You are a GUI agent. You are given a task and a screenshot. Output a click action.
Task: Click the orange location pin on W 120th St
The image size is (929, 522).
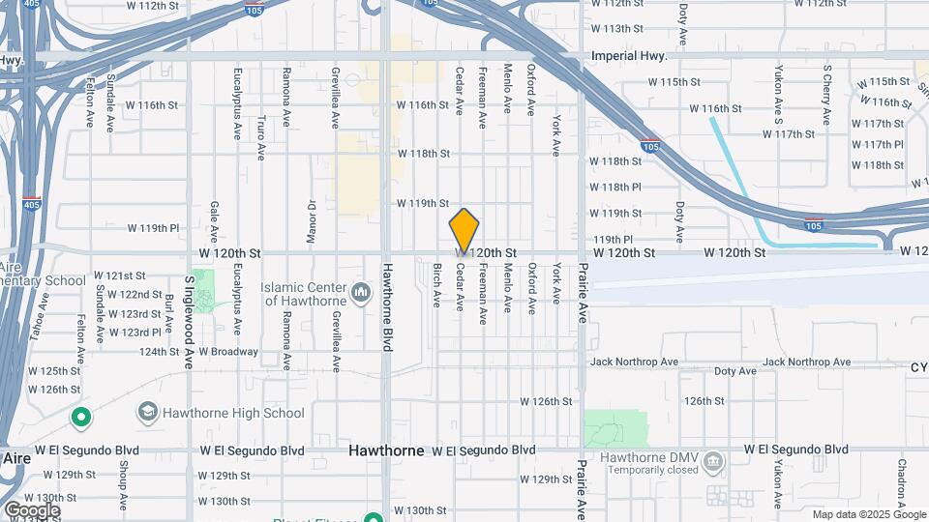464,230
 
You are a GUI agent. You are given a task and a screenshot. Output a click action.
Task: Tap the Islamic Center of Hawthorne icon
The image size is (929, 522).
361,291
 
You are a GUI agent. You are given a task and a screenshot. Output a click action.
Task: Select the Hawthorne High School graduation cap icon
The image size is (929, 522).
148,413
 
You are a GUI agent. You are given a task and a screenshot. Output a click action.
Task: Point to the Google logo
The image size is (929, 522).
31,509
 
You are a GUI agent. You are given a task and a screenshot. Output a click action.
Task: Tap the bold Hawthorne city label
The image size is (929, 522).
386,450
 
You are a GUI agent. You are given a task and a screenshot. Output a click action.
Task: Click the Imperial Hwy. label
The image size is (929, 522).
630,56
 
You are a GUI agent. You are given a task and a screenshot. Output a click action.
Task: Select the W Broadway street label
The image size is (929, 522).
228,352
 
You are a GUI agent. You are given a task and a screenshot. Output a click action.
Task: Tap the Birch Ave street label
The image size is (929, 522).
436,285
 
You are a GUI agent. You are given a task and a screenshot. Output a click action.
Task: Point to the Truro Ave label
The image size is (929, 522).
261,137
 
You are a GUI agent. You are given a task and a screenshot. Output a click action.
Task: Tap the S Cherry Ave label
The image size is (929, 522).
826,95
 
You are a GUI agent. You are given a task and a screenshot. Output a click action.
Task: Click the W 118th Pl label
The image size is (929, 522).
615,187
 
